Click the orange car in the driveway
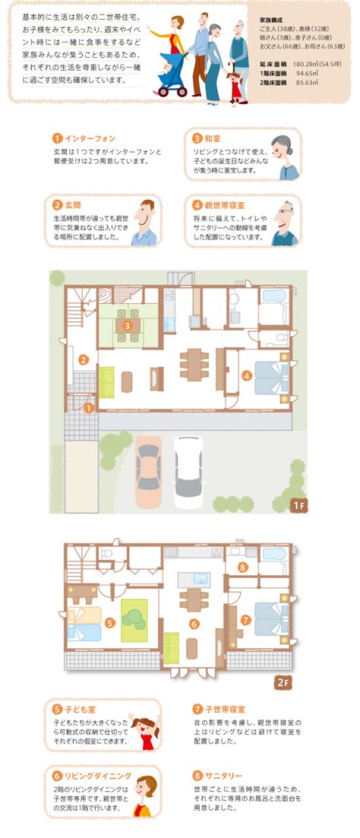(149, 472)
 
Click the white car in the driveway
(188, 473)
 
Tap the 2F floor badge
(283, 683)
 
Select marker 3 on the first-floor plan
(127, 325)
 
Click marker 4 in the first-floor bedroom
(246, 376)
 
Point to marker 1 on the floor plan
(89, 408)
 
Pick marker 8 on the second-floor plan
(243, 567)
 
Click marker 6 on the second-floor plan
(194, 624)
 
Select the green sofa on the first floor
(107, 382)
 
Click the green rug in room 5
(134, 620)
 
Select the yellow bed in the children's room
(84, 615)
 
